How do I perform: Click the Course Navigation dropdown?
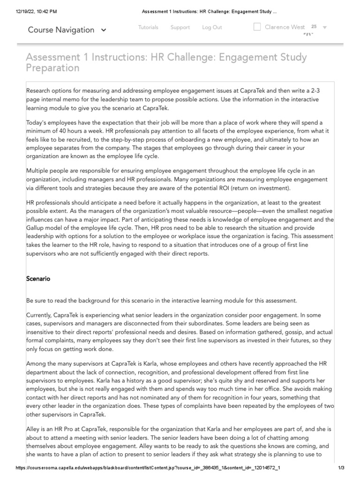point(67,30)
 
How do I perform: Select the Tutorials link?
point(148,28)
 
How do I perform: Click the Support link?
point(180,28)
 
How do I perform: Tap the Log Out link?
point(212,28)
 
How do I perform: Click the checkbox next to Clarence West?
point(257,27)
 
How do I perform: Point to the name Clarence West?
point(285,27)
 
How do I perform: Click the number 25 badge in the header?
point(314,27)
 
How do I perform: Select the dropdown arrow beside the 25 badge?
point(325,28)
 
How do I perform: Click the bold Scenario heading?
point(38,279)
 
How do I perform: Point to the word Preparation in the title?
point(52,68)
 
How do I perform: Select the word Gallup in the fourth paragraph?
point(38,228)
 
